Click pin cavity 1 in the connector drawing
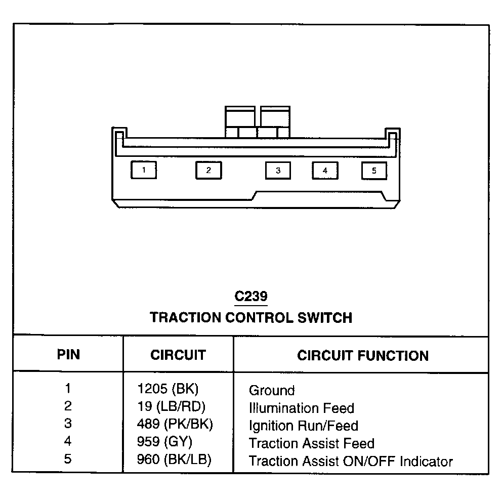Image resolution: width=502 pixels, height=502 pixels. point(144,170)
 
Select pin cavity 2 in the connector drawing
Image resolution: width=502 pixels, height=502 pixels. point(208,170)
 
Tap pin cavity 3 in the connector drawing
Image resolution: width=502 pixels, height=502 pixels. point(278,171)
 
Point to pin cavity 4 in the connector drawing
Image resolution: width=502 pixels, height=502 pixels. point(325,171)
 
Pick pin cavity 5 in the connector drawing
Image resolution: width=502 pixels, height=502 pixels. point(374,171)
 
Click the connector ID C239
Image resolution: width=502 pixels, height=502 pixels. point(251,296)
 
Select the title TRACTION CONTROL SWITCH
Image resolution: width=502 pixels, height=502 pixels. point(251,318)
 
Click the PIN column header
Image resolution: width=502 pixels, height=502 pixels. point(68,354)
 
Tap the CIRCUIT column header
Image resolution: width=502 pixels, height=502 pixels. point(178,355)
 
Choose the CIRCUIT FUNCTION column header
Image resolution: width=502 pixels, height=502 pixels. point(363,355)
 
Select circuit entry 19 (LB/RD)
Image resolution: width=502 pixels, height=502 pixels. point(172,407)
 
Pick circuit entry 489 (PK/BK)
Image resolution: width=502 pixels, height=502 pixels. point(175,425)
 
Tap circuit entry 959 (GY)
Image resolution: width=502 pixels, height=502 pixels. point(165,442)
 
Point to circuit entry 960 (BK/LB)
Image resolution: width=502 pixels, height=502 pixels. point(175,460)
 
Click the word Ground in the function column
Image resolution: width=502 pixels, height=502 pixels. point(272,390)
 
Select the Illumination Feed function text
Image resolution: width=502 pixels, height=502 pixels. point(302,408)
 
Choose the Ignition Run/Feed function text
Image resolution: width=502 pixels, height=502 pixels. point(304,426)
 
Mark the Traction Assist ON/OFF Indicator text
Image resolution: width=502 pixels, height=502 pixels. point(351,461)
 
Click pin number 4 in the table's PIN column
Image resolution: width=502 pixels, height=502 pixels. point(68,442)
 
